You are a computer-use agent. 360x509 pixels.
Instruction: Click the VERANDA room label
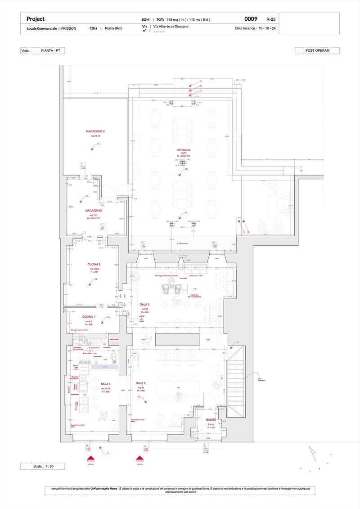(x=183, y=150)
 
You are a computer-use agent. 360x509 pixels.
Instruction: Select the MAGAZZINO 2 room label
(x=95, y=131)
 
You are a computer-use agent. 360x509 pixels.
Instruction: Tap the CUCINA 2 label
(x=94, y=265)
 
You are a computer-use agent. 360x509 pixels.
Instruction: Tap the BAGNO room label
(x=211, y=419)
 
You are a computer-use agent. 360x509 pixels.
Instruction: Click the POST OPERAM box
(x=317, y=51)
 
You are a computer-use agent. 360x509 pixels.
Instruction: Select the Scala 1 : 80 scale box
(x=43, y=467)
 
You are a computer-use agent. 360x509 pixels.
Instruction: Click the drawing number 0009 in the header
(x=251, y=19)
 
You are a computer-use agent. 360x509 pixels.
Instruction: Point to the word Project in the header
(x=36, y=19)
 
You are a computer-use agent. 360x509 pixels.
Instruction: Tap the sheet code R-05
(x=271, y=19)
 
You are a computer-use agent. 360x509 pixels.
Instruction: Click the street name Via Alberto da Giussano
(x=171, y=27)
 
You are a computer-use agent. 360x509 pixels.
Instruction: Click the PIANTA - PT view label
(x=50, y=51)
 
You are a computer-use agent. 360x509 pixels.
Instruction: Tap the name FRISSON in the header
(x=69, y=28)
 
